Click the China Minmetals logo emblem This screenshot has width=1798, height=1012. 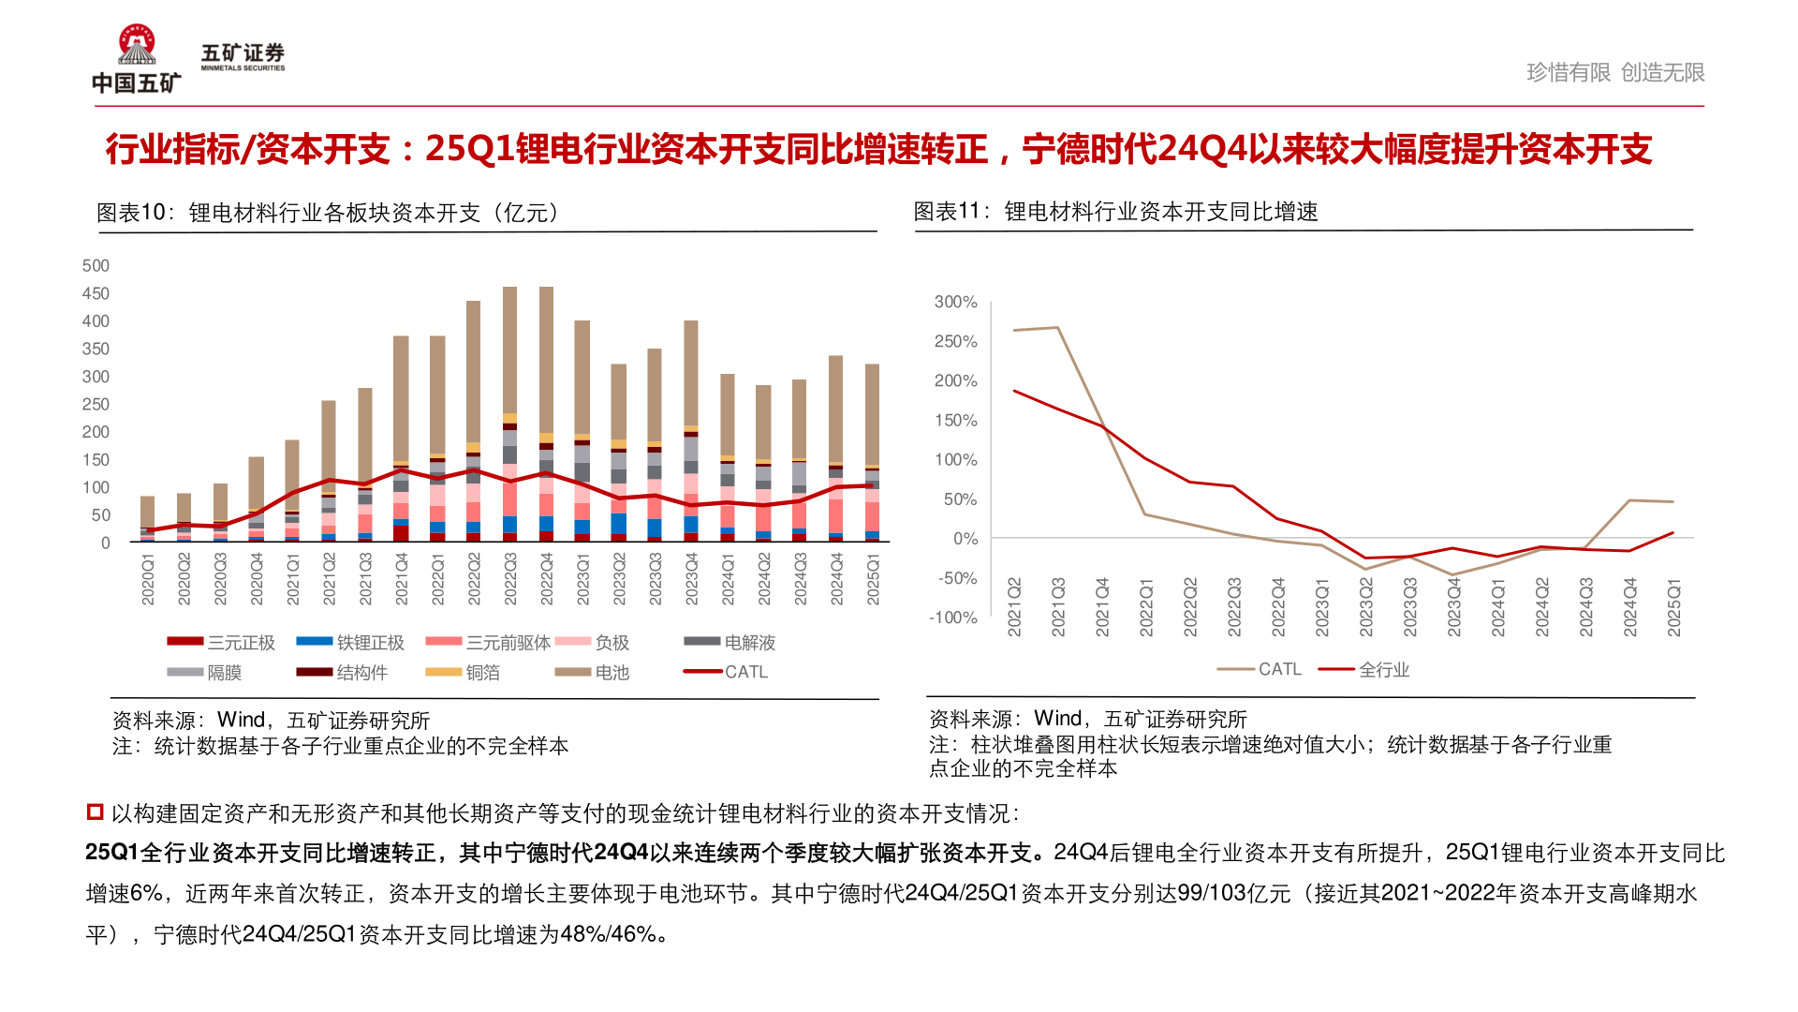[137, 45]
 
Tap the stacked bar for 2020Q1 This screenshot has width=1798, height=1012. [147, 520]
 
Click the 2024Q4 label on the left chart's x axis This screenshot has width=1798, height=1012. [836, 578]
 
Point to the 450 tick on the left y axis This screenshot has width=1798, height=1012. [96, 293]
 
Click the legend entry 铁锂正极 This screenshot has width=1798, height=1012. [350, 643]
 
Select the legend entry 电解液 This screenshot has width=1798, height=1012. [730, 643]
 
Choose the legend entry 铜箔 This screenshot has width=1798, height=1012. [463, 673]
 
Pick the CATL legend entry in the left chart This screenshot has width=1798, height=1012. [726, 672]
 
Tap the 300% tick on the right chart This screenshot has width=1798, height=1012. [955, 302]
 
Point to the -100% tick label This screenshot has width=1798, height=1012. [952, 618]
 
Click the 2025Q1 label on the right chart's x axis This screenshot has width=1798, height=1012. [1674, 607]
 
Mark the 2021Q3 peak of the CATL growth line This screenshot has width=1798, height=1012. [1057, 327]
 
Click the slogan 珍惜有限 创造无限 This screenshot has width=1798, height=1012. [1614, 72]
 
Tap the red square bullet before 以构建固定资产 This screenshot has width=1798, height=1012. [95, 812]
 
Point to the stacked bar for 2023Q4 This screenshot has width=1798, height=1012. [691, 431]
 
